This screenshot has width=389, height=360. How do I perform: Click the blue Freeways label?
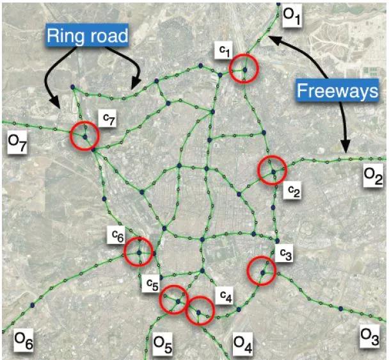[x=337, y=92]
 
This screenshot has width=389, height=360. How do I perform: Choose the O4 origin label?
[x=242, y=345]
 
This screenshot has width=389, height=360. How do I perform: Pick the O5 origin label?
[x=163, y=346]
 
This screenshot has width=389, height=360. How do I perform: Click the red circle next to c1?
[x=244, y=68]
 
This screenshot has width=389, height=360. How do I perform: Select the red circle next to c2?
[x=273, y=171]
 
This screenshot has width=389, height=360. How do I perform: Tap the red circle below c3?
[x=262, y=271]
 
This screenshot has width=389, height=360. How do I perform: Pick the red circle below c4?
[x=200, y=311]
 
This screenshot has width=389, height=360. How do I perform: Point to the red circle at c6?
[x=139, y=251]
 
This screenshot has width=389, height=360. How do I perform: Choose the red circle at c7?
[x=84, y=135]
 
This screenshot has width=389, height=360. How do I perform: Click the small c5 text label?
[x=151, y=282]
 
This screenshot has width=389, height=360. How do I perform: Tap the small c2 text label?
[x=293, y=190]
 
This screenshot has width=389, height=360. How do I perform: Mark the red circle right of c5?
[x=173, y=299]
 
